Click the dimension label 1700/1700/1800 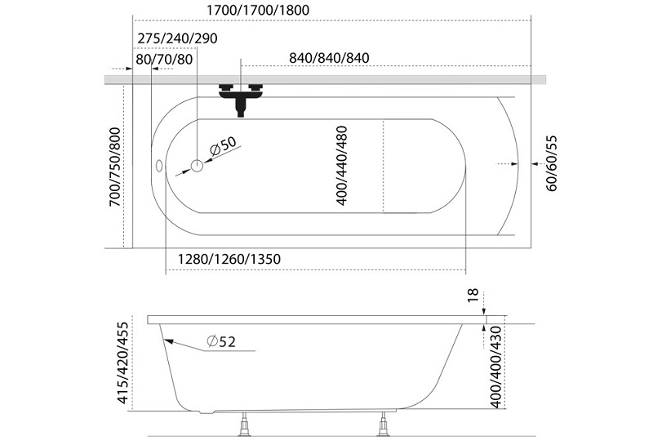[258, 10]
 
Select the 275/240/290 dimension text [177, 38]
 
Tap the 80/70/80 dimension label [164, 60]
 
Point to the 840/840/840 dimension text [329, 58]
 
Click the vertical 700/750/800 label [114, 167]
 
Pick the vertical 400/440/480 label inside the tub [341, 166]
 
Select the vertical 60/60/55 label [551, 163]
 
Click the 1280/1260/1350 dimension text [229, 259]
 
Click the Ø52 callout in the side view [221, 341]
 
